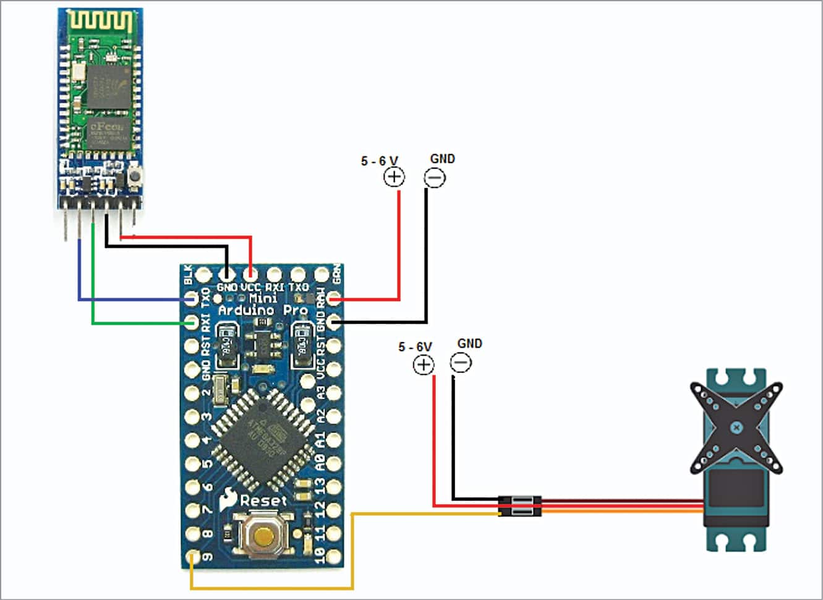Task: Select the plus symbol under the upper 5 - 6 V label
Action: click(x=394, y=178)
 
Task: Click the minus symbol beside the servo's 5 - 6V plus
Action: click(x=461, y=363)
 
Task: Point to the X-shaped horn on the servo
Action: click(x=736, y=427)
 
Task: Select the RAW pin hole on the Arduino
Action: click(x=335, y=300)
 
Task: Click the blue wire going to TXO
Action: click(x=124, y=300)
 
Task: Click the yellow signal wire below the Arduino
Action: click(x=272, y=588)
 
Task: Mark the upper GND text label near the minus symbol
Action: click(x=442, y=159)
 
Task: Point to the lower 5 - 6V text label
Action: click(x=415, y=346)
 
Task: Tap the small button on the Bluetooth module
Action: click(x=134, y=178)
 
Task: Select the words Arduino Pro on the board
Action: click(x=263, y=311)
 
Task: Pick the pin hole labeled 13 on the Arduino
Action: click(x=335, y=487)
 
